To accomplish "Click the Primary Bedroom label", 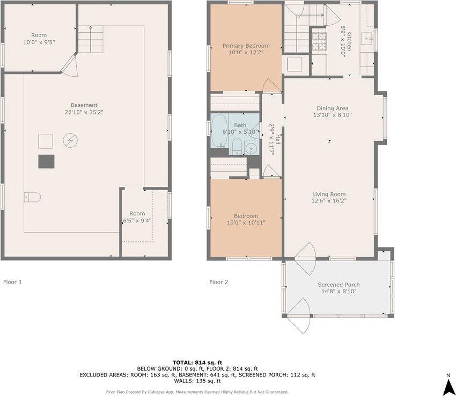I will [246, 46].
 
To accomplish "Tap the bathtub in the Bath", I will [219, 131].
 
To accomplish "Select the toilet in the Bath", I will [236, 144].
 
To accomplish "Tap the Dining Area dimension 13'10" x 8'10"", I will [333, 115].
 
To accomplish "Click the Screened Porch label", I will [339, 285].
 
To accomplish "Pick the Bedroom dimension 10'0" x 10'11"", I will [246, 222].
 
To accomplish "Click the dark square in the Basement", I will [46, 161].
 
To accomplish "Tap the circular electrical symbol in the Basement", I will [70, 141].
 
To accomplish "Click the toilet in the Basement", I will [32, 198].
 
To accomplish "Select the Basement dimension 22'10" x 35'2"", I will [84, 112].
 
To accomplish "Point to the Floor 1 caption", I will [13, 281].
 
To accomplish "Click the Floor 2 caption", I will [218, 282].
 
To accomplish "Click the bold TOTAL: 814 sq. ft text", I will [197, 363].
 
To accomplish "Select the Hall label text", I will [271, 140].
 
